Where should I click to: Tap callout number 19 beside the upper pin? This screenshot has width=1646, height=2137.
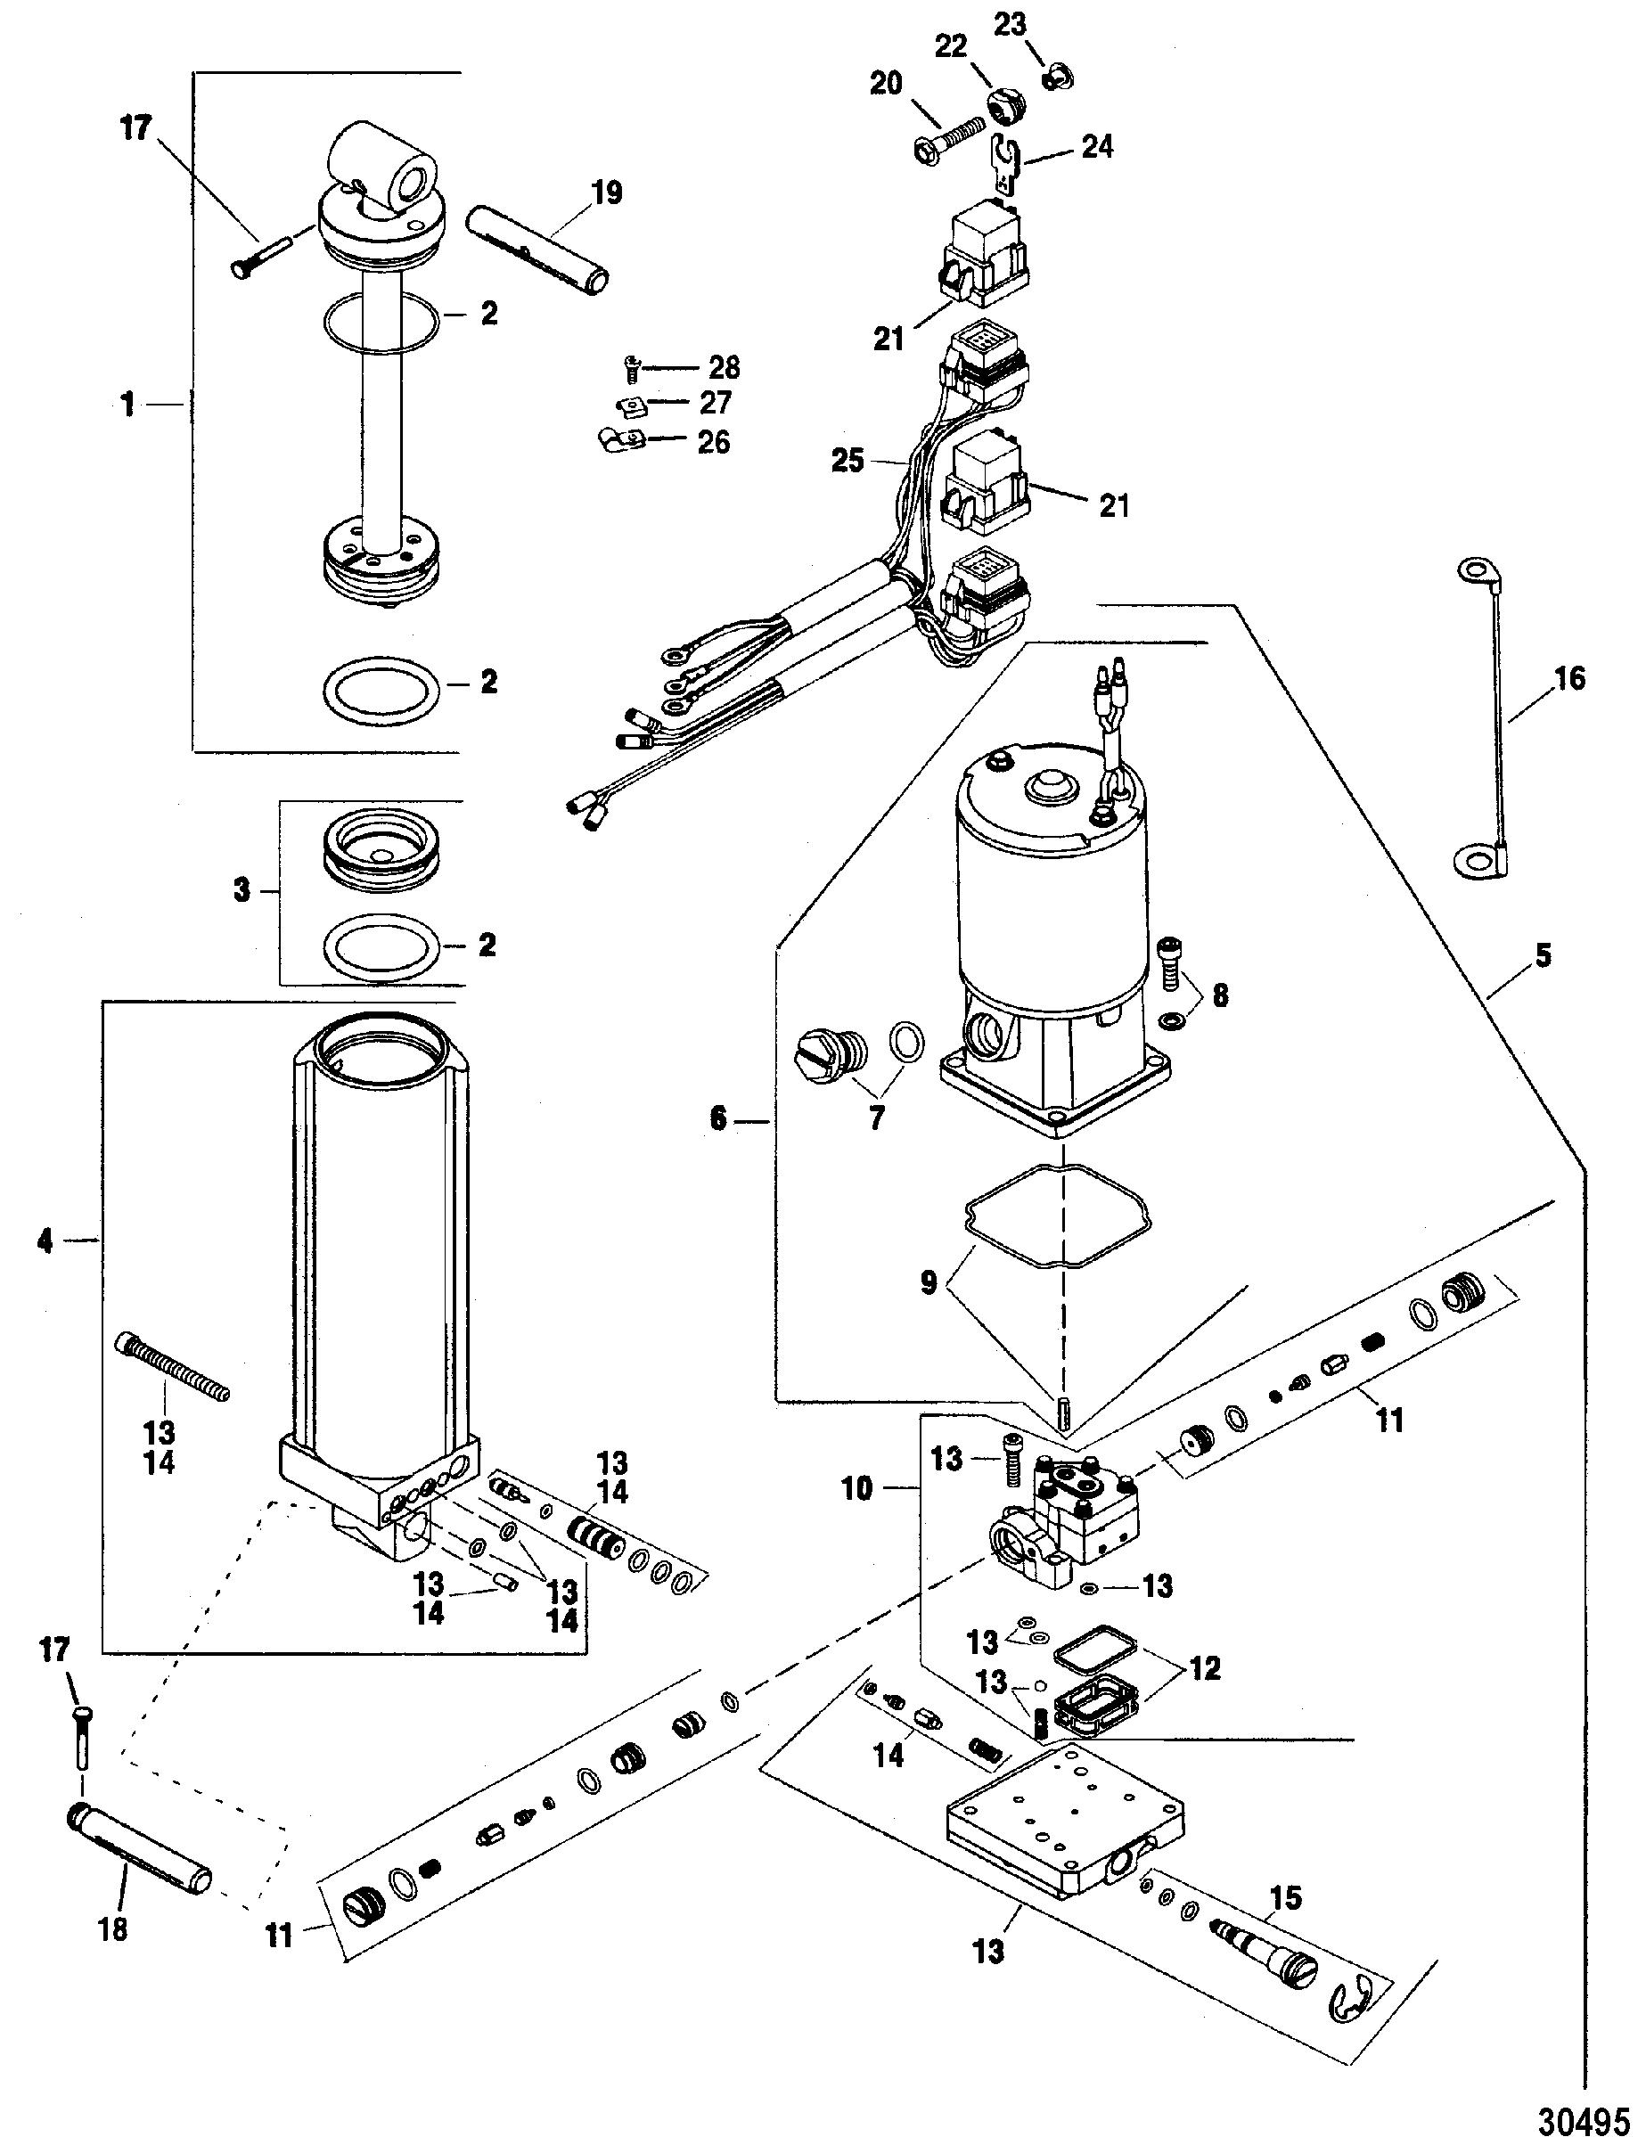[x=607, y=192]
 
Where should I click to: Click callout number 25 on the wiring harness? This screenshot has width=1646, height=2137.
[x=848, y=460]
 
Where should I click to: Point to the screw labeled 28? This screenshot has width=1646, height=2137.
[x=632, y=369]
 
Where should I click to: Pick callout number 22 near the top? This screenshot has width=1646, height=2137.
[x=950, y=46]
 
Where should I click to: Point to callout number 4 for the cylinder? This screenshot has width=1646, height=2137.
[x=46, y=1240]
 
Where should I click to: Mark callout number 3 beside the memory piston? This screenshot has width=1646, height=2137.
[x=242, y=890]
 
